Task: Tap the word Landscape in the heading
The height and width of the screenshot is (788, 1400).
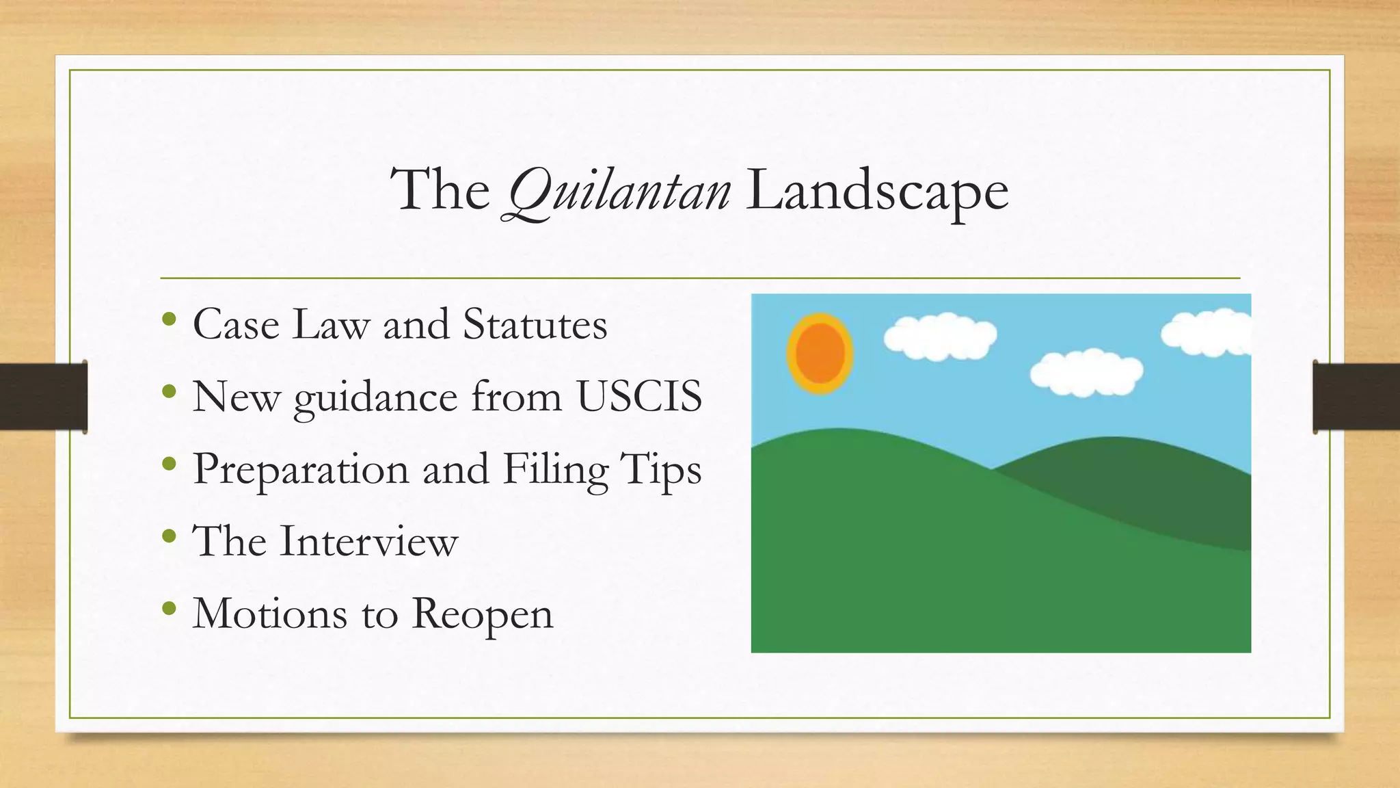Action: click(x=877, y=191)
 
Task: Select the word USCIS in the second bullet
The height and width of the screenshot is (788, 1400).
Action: click(x=639, y=396)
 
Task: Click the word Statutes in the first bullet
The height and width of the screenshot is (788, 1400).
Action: click(x=535, y=324)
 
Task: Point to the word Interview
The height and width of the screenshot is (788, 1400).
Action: click(x=368, y=541)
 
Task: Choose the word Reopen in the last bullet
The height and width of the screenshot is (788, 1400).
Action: click(x=482, y=614)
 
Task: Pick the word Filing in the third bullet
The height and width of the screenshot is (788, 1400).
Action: click(x=555, y=470)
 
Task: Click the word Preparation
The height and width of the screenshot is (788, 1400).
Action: click(x=301, y=470)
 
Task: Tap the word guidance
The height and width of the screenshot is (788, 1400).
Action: click(x=375, y=397)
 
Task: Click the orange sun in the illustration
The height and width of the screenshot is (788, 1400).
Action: click(x=820, y=354)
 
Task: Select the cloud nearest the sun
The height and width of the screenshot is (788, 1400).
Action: click(x=940, y=336)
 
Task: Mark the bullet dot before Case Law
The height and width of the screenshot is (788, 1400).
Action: click(x=170, y=320)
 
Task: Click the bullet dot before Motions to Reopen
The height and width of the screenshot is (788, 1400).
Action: click(x=170, y=609)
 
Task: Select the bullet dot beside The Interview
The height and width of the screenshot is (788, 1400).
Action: click(x=170, y=537)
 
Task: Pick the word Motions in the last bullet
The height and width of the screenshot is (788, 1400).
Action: click(x=270, y=614)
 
